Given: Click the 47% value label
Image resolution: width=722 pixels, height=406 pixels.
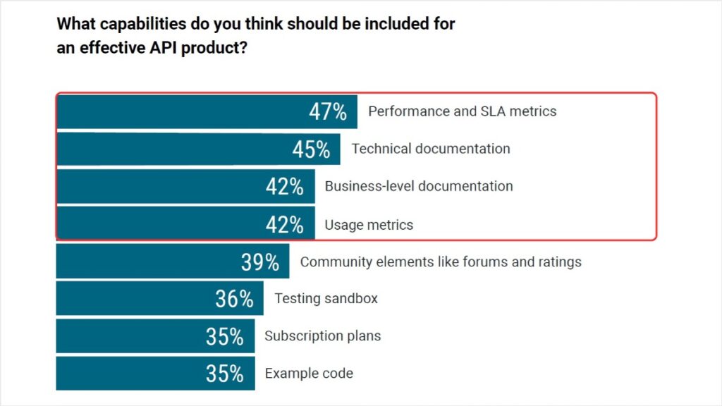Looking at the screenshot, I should pyautogui.click(x=328, y=112).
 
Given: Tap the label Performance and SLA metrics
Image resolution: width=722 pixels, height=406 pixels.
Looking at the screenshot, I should pyautogui.click(x=462, y=111).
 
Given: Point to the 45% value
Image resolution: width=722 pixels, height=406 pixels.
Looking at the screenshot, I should pyautogui.click(x=311, y=149).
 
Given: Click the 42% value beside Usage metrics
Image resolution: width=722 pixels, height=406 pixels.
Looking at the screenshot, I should pyautogui.click(x=285, y=225).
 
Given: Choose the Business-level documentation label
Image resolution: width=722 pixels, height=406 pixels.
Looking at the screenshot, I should pyautogui.click(x=418, y=187).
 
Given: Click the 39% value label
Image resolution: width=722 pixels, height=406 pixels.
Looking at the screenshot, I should pyautogui.click(x=259, y=262).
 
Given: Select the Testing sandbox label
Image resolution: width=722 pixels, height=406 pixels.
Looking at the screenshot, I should pyautogui.click(x=326, y=299).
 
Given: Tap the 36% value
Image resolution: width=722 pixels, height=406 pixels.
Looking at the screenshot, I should pyautogui.click(x=234, y=300).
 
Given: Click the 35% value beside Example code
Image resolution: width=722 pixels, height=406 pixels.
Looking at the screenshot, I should pyautogui.click(x=225, y=374).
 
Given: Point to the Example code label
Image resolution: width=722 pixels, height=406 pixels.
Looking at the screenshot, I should pyautogui.click(x=309, y=374).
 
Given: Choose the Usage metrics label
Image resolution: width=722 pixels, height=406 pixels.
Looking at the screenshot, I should pyautogui.click(x=368, y=225).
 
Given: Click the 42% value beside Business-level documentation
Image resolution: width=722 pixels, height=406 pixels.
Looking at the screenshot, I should pyautogui.click(x=285, y=187).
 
